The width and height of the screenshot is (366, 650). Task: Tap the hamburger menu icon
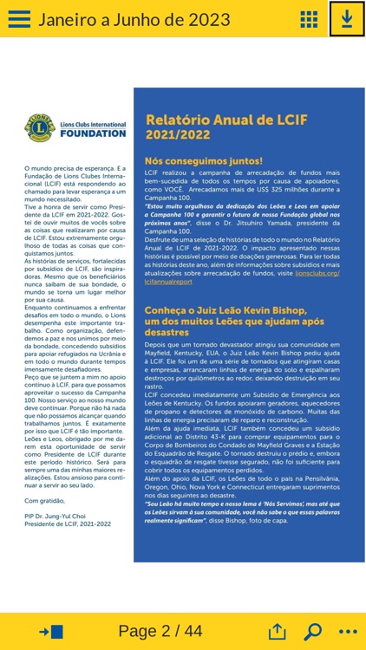tap(19, 19)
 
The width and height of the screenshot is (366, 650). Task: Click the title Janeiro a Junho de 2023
tap(121, 19)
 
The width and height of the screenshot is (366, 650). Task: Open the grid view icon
tap(309, 19)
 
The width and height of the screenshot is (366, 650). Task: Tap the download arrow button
tap(347, 19)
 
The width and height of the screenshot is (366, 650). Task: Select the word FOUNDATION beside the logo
tap(94, 134)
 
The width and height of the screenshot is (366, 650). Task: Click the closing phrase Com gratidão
tap(44, 500)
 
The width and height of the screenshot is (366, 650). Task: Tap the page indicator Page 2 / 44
tap(160, 631)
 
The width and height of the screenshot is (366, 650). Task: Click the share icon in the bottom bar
tap(277, 631)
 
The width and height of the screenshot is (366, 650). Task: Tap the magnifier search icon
tap(312, 631)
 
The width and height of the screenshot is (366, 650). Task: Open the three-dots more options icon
tap(348, 631)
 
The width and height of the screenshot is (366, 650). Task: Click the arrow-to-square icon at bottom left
tap(50, 631)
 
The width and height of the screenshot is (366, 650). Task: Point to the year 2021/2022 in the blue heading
tap(179, 136)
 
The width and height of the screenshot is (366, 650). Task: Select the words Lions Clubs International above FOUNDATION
tap(94, 124)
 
